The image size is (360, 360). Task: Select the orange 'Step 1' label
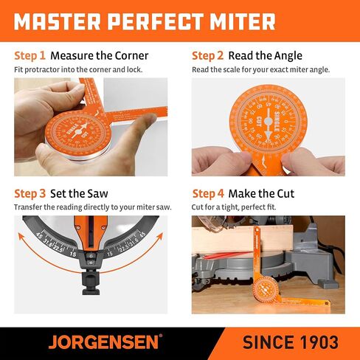[x=30, y=55]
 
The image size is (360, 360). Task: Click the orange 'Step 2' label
[x=207, y=55]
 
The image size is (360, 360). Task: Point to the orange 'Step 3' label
[x=30, y=194]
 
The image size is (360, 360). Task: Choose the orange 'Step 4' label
[x=208, y=194]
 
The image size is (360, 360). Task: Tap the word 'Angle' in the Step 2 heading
[x=285, y=55]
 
